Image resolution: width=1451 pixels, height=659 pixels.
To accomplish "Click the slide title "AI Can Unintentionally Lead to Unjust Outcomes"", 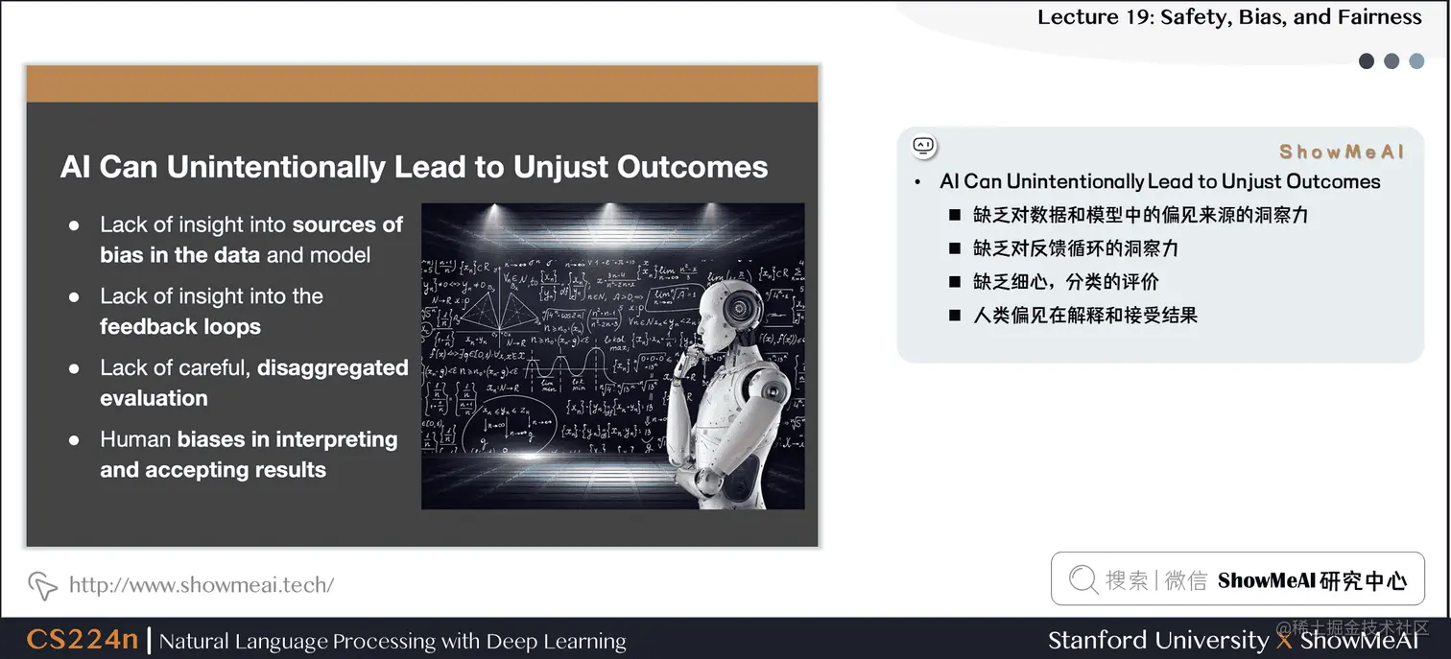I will coord(414,167).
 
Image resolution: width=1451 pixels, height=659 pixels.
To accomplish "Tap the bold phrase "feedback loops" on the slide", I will coord(180,327).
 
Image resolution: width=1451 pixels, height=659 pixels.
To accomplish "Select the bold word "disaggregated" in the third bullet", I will coord(333,368).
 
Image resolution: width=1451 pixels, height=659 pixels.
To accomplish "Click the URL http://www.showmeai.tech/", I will coord(202,584).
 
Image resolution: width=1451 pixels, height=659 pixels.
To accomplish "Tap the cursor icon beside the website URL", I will coord(42,584).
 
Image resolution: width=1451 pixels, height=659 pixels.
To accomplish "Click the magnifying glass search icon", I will coord(1082,579).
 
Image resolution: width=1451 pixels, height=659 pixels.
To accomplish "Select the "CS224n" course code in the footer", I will coord(83,640).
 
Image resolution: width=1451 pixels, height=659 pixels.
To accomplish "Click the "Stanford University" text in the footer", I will coord(1157,640).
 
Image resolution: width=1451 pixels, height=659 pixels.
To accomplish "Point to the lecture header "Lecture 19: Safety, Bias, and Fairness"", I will coord(1229,17).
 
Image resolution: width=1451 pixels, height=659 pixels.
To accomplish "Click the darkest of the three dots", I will coord(1367,61).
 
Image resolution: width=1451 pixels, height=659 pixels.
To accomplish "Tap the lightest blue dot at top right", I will coord(1416,61).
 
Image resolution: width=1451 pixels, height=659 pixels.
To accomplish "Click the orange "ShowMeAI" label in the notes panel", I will coord(1341,152).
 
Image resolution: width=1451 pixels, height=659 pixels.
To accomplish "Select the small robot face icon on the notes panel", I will coord(923,146).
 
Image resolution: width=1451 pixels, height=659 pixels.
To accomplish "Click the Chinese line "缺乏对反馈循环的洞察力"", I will coord(1075,248).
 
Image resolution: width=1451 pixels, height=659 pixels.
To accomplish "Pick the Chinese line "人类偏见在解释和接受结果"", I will coord(1084,315).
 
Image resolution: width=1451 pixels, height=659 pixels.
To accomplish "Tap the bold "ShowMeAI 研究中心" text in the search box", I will coord(1312,580).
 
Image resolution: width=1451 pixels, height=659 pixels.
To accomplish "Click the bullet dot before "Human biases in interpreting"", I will coord(74,440).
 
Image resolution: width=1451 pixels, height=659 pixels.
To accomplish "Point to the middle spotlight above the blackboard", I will coord(613,209).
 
